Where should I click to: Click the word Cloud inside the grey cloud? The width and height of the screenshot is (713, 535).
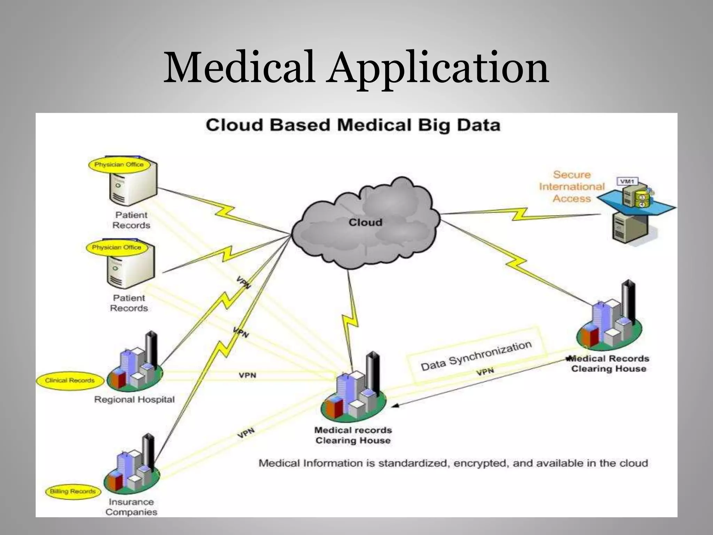[365, 223]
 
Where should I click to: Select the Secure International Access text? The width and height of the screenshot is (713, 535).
[572, 187]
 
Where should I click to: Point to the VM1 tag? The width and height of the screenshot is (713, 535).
[627, 181]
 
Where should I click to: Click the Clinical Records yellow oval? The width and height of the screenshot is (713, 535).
[70, 380]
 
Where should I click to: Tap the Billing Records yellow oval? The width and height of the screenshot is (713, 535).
[73, 491]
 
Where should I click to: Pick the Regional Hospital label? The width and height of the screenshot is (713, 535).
[134, 400]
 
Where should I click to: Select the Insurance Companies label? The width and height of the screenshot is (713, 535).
[131, 507]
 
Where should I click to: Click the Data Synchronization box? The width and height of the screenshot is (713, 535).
[476, 355]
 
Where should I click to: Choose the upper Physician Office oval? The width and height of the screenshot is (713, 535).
[119, 165]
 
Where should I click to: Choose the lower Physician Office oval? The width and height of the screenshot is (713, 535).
[116, 248]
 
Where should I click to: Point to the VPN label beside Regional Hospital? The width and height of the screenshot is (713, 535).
[247, 375]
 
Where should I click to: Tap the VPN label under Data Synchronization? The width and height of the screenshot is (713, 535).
[485, 372]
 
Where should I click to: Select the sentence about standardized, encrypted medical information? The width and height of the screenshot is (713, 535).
[453, 463]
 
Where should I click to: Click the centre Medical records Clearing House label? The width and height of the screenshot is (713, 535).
[353, 435]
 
